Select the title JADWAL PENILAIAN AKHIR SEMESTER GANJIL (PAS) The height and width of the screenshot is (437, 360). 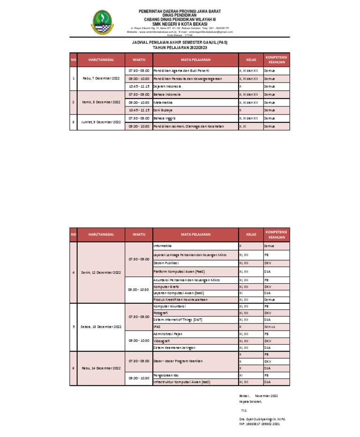180,42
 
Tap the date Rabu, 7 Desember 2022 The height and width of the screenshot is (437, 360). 101,78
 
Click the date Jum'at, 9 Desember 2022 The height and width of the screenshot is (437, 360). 101,122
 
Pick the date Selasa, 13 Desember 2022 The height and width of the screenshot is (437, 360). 101,326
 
